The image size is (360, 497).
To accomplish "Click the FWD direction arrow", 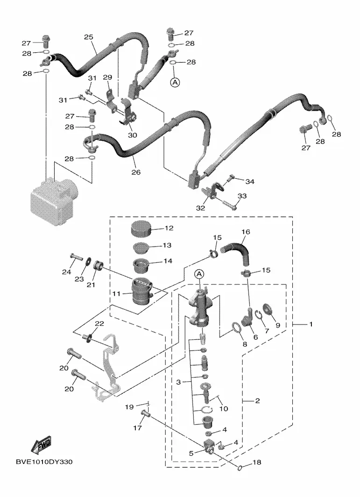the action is click(41, 445).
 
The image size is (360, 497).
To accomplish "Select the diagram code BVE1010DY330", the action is click(44, 462).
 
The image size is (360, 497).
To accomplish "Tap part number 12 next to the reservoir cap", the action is click(169, 228).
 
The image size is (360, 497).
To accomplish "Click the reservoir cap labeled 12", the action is click(141, 229).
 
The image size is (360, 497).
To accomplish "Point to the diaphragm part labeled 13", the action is click(141, 247).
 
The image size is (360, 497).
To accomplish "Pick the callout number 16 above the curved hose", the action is click(246, 232).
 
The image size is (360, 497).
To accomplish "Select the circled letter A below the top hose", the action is click(175, 83).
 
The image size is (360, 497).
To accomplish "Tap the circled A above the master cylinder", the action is click(199, 274).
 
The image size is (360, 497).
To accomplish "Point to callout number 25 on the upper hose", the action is click(89, 37).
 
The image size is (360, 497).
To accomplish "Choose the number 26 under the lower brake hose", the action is click(136, 172).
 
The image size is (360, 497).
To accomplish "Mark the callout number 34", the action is click(250, 182).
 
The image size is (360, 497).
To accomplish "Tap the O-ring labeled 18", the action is click(240, 466).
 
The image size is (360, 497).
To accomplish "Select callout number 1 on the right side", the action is click(311, 324).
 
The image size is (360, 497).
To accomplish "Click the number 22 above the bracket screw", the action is click(99, 323).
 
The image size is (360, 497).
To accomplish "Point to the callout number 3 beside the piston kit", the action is click(178, 383).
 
